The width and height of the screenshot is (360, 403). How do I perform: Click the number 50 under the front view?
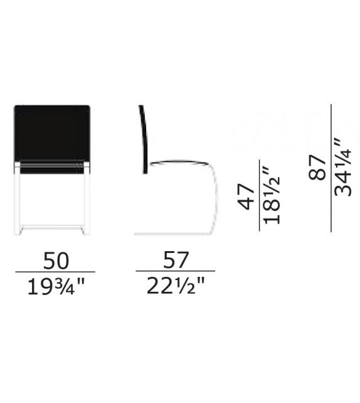click(56, 261)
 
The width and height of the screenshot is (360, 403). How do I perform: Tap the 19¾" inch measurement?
click(56, 287)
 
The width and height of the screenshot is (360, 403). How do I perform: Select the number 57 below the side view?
click(176, 260)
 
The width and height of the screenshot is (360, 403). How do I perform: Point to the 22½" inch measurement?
click(176, 286)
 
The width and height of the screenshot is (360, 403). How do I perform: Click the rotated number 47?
click(246, 196)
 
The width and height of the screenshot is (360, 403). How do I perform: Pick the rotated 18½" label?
click(272, 196)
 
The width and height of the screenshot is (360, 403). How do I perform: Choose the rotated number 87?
click(317, 168)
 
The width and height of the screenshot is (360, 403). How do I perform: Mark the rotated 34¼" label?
click(343, 167)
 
